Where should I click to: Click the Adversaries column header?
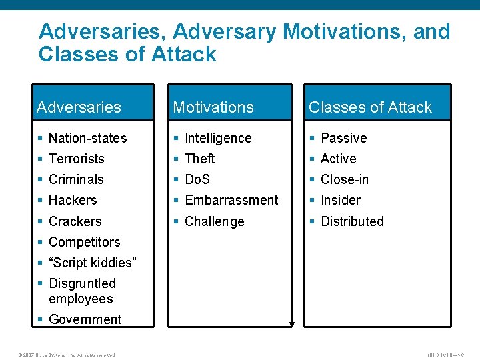click(79, 107)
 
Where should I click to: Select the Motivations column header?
click(213, 107)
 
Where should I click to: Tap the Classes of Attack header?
click(370, 107)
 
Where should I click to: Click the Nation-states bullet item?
click(87, 138)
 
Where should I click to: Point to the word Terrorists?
click(77, 159)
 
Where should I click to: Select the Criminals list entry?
click(76, 179)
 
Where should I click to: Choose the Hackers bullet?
click(73, 200)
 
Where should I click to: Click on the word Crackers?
click(75, 221)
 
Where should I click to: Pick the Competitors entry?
click(84, 242)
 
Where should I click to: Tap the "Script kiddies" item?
click(92, 263)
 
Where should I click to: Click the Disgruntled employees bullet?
click(82, 291)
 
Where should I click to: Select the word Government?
click(85, 319)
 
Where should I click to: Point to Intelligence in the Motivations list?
click(218, 138)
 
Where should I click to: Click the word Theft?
click(199, 159)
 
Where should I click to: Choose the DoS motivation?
click(197, 179)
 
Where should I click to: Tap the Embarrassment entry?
click(231, 200)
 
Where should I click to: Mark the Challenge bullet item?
click(214, 221)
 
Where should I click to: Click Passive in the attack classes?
click(343, 138)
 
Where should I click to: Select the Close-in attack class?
click(344, 179)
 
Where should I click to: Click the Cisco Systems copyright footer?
click(60, 355)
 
